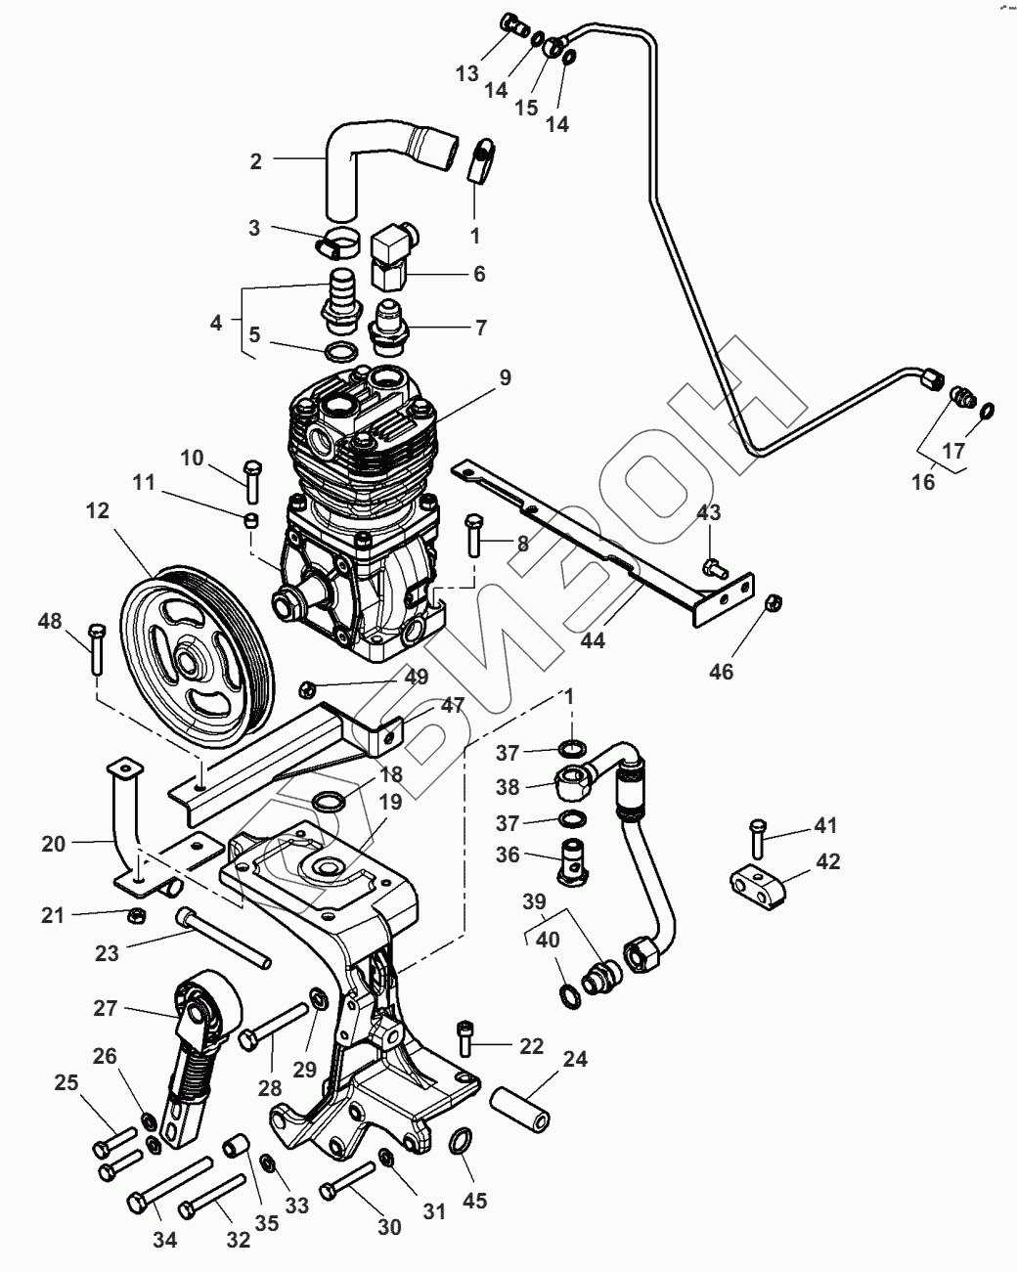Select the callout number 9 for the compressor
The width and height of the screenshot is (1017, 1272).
504,377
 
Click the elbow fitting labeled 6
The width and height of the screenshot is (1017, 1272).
393,249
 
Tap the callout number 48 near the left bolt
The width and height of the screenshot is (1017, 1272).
50,621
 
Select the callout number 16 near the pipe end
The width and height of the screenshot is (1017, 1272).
924,482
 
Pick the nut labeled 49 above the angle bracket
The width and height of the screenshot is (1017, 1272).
307,689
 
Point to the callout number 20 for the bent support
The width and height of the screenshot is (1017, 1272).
53,844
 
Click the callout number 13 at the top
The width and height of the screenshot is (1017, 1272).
468,72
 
